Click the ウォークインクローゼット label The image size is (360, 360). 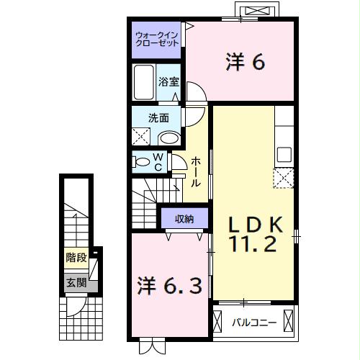coord(158,38)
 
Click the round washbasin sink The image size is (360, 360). coord(169,138)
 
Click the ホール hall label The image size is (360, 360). coord(196,172)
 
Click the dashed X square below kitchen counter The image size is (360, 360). coord(283,177)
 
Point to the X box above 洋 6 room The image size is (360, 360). coord(259,11)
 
